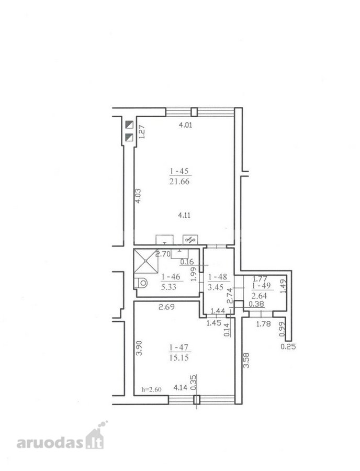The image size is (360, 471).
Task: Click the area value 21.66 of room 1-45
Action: click(x=179, y=182)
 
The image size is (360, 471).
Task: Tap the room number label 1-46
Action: click(x=171, y=277)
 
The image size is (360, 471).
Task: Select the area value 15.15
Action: click(x=179, y=358)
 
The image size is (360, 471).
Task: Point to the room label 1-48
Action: click(x=218, y=277)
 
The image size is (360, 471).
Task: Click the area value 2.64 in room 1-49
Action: click(x=260, y=296)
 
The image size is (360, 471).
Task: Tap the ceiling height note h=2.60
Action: click(x=151, y=389)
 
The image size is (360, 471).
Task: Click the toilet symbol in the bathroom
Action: click(x=141, y=283)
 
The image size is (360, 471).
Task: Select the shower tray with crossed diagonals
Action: click(x=146, y=261)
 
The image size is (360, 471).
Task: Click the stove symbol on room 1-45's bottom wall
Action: click(x=190, y=239)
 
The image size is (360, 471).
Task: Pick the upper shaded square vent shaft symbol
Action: click(x=129, y=125)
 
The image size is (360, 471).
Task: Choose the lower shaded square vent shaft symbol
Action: click(x=129, y=138)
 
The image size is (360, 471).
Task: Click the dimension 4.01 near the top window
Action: click(x=185, y=125)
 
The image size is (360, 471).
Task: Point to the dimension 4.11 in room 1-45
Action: click(x=184, y=216)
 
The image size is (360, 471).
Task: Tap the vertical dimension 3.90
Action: click(x=139, y=349)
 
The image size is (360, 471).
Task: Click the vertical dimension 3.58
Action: click(x=246, y=361)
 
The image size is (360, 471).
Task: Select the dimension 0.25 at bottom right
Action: click(x=288, y=346)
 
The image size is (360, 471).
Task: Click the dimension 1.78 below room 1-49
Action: click(x=263, y=324)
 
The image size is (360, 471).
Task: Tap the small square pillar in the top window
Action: click(x=194, y=112)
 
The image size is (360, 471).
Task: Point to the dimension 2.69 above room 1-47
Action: click(x=166, y=307)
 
